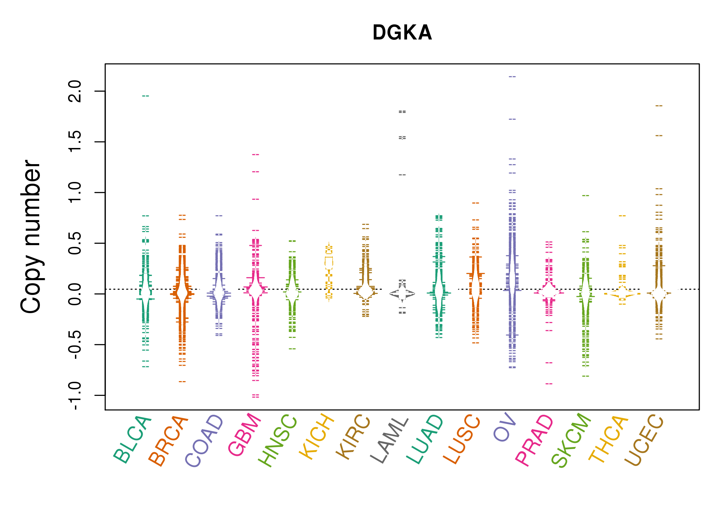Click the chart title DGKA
[402, 33]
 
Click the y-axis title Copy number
[31, 237]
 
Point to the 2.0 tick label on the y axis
[75, 91]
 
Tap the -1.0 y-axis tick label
[75, 396]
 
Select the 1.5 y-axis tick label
[75, 142]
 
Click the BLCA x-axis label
[132, 440]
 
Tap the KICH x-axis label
[317, 437]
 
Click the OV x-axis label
[505, 427]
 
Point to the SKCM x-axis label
[571, 440]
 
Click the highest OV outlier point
[512, 77]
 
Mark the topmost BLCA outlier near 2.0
[146, 96]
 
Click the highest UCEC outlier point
[659, 106]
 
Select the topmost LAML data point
[402, 111]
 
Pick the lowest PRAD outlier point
[549, 384]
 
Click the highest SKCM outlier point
[586, 196]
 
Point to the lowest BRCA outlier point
[182, 382]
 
